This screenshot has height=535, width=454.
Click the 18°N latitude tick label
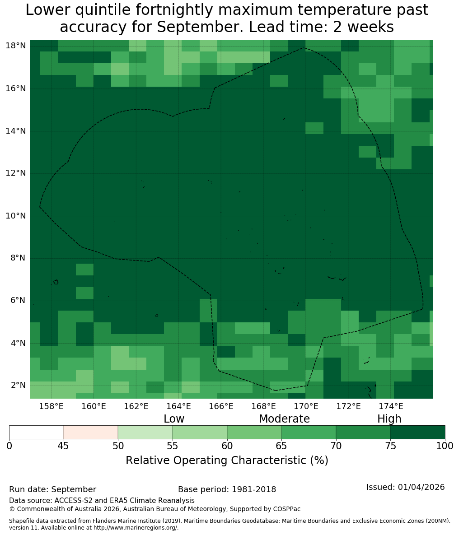point(16,46)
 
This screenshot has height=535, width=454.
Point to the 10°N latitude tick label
point(16,216)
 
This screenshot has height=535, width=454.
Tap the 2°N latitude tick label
point(18,385)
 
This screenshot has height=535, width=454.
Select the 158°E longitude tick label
point(51,406)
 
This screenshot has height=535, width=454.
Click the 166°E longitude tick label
point(221,406)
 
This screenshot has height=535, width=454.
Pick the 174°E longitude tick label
point(391,406)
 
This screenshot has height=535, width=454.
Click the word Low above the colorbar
point(174,419)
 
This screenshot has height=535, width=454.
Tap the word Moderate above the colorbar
point(284,419)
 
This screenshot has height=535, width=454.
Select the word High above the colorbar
point(389,419)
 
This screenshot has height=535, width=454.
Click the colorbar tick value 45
point(64,446)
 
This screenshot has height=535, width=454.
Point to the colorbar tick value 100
point(445,446)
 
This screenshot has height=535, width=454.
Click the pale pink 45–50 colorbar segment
point(91,433)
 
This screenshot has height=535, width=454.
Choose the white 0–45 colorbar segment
point(37,433)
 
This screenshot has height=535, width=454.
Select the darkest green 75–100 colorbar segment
point(417,433)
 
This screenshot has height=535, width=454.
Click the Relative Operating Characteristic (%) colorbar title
point(227,460)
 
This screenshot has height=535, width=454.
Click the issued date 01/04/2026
point(421,487)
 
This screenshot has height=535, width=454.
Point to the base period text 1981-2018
point(254,489)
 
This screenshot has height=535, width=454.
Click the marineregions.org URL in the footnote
point(136,527)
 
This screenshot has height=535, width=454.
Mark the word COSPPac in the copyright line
point(287,509)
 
